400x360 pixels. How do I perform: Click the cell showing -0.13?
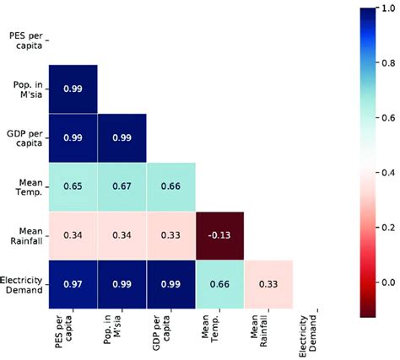click(219, 236)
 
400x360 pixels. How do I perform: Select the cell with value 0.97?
click(73, 285)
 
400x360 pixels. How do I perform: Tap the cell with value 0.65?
click(73, 187)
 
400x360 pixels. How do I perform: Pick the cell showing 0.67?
click(122, 187)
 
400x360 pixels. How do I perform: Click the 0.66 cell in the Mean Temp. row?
click(170, 187)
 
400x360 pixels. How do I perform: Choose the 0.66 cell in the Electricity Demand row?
click(219, 285)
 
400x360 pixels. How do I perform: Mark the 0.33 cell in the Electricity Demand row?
click(268, 285)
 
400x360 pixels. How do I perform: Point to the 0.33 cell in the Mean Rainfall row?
click(170, 236)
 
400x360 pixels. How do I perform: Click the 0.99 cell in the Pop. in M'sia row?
click(73, 89)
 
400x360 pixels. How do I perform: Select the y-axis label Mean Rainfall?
click(23, 236)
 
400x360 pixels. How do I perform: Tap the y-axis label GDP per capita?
click(23, 138)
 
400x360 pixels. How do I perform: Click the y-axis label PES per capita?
click(23, 40)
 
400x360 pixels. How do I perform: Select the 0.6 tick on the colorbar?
click(388, 117)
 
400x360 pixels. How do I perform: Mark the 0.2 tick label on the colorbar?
click(388, 227)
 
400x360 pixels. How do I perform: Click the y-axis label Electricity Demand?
click(23, 285)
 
